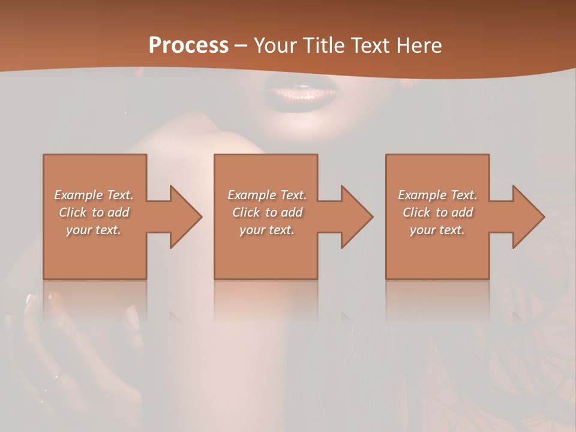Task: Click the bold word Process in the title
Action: (188, 46)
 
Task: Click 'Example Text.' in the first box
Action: (94, 195)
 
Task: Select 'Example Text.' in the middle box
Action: (267, 195)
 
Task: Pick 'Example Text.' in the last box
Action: (437, 195)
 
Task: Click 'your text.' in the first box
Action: (94, 230)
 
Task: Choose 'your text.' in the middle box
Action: (267, 230)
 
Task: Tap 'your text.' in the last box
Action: (437, 230)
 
